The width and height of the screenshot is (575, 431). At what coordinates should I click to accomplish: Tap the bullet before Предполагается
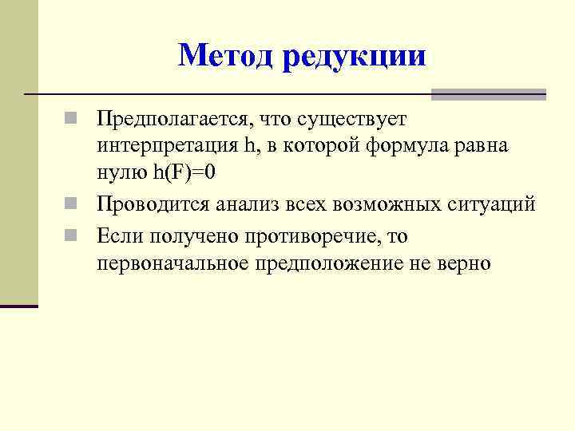tap(71, 121)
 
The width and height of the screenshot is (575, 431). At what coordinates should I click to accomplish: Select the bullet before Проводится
tap(71, 204)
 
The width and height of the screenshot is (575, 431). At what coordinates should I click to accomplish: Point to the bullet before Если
tap(71, 235)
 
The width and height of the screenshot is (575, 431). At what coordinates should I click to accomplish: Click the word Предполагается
tap(172, 120)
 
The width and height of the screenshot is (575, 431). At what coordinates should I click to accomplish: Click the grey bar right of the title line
tap(489, 94)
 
